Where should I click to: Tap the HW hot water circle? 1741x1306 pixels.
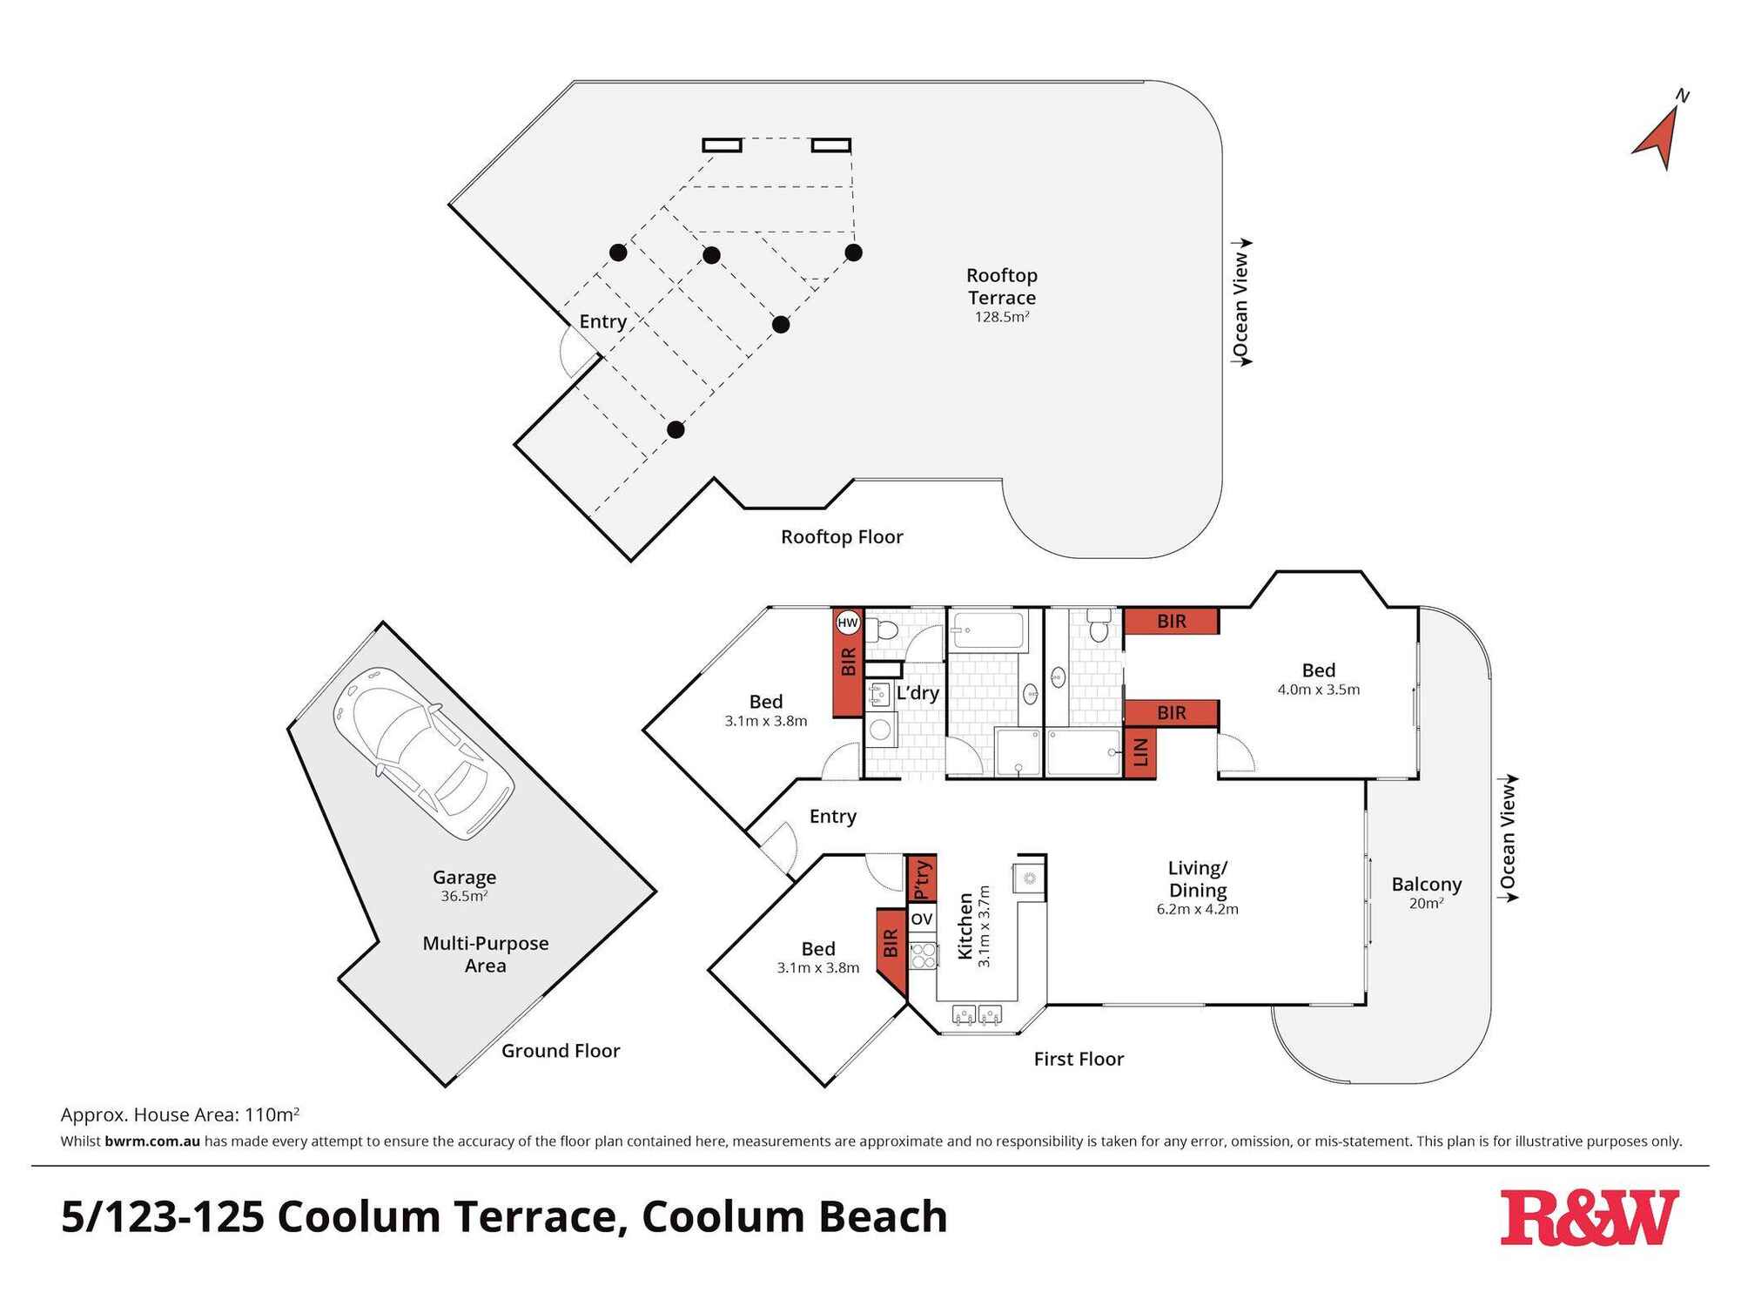(847, 623)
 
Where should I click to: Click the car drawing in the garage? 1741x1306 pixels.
(423, 753)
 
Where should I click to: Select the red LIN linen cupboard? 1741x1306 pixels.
(1141, 749)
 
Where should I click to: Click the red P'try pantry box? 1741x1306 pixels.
(922, 879)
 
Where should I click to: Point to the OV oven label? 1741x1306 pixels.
(922, 919)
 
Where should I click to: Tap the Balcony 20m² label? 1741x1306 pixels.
(1426, 892)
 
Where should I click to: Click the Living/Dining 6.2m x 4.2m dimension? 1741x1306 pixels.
(1197, 909)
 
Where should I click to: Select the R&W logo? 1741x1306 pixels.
(1589, 1217)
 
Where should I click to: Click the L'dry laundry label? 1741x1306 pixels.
(918, 693)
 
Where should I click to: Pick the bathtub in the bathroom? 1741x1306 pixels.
(988, 630)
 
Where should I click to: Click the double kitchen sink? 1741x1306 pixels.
(978, 1014)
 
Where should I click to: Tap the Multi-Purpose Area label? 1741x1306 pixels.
(485, 954)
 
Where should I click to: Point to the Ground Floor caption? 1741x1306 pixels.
(561, 1051)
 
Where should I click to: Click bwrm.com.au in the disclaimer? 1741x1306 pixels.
(152, 1141)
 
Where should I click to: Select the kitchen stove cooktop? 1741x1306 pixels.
(923, 956)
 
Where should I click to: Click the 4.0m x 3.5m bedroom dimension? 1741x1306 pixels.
(1318, 690)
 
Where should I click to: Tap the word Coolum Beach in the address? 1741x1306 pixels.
(794, 1217)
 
